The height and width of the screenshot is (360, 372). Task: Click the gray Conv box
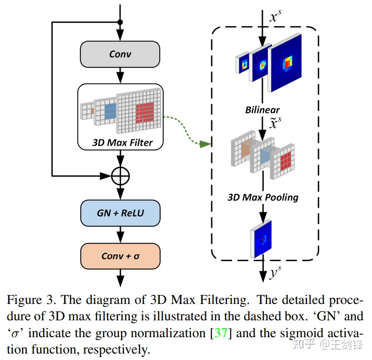click(120, 54)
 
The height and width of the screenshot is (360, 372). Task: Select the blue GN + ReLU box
click(120, 213)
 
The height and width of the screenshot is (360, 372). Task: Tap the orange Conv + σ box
click(120, 256)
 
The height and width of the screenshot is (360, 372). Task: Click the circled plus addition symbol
click(120, 175)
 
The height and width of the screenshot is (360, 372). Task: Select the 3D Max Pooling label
click(263, 197)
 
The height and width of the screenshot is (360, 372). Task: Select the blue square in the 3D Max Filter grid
click(110, 110)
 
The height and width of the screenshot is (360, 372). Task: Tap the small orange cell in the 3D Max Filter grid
click(91, 110)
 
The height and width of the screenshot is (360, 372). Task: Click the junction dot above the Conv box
click(120, 22)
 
